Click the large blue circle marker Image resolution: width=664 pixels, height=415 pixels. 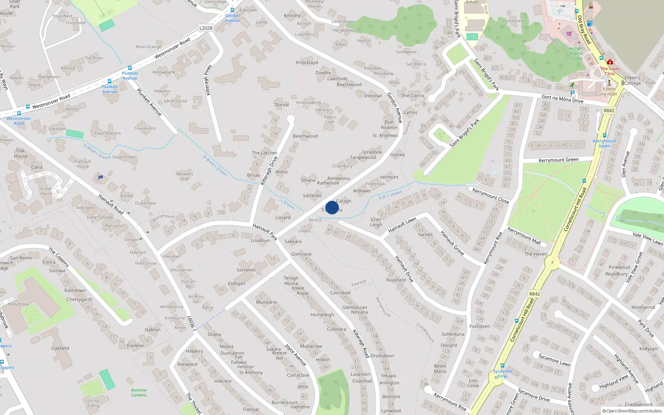[332, 207]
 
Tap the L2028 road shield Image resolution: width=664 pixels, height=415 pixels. [206, 28]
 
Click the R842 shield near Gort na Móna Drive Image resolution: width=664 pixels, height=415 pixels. [609, 110]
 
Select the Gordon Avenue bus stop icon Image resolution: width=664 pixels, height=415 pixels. [232, 10]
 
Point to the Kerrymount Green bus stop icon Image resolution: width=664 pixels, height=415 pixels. [605, 135]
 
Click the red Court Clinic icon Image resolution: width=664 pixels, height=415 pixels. [610, 62]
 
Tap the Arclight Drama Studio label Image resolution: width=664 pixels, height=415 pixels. [576, 53]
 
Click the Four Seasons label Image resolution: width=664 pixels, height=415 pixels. [108, 133]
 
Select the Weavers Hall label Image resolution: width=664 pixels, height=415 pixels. [185, 176]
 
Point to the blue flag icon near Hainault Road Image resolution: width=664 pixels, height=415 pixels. [100, 178]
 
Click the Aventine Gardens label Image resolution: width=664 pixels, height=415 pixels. [139, 393]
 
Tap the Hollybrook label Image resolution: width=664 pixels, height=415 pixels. [18, 304]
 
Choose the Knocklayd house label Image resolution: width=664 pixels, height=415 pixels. [307, 63]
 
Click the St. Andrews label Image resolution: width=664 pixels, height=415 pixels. [385, 135]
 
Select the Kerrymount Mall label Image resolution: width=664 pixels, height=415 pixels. [524, 236]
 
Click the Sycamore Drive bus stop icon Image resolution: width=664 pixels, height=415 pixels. [503, 366]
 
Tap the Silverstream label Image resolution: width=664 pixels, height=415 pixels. [124, 157]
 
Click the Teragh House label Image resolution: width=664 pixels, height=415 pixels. [291, 281]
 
